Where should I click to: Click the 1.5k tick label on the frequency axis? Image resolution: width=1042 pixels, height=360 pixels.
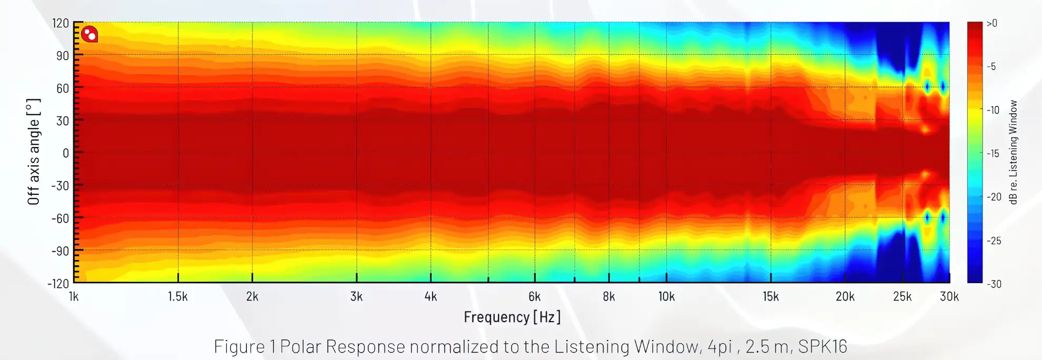click(178, 297)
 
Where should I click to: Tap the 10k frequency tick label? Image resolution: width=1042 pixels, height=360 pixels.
click(666, 297)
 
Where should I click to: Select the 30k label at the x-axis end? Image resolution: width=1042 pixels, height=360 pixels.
click(949, 297)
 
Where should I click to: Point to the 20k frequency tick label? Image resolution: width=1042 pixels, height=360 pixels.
click(845, 297)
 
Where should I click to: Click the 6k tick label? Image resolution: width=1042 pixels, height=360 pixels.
click(534, 297)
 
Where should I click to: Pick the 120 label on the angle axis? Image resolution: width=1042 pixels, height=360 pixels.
click(61, 23)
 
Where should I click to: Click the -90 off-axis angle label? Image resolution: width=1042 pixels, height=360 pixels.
click(60, 251)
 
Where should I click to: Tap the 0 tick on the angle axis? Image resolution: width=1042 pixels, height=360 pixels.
click(66, 153)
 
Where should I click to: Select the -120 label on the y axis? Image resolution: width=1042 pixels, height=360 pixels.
click(58, 284)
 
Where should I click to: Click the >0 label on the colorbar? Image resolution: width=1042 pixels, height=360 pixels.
click(991, 23)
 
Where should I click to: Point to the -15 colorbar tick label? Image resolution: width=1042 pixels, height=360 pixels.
click(993, 154)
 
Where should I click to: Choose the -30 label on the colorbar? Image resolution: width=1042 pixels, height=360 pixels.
click(994, 284)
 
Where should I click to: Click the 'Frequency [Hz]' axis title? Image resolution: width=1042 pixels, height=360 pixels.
click(512, 317)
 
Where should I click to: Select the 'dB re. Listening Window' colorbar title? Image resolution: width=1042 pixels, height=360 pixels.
click(1013, 152)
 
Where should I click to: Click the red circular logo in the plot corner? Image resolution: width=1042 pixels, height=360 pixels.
click(89, 34)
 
